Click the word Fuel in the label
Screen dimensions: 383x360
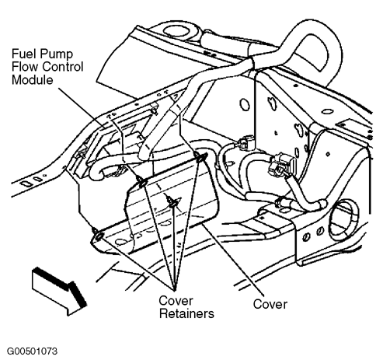pyautogui.click(x=23, y=54)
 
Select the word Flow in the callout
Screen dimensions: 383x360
pyautogui.click(x=24, y=67)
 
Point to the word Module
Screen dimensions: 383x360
pyautogui.click(x=33, y=79)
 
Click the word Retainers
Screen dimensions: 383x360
pyautogui.click(x=186, y=313)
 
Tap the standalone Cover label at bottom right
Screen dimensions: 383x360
pyautogui.click(x=270, y=304)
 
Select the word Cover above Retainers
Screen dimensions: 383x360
pyautogui.click(x=176, y=301)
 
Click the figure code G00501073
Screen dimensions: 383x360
pyautogui.click(x=32, y=351)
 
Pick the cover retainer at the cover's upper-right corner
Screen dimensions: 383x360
pyautogui.click(x=200, y=157)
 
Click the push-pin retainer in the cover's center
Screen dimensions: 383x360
pyautogui.click(x=172, y=201)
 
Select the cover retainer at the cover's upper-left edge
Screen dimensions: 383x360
pyautogui.click(x=141, y=182)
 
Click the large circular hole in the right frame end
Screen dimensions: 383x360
pyautogui.click(x=344, y=219)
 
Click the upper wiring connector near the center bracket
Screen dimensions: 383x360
pyautogui.click(x=245, y=143)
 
